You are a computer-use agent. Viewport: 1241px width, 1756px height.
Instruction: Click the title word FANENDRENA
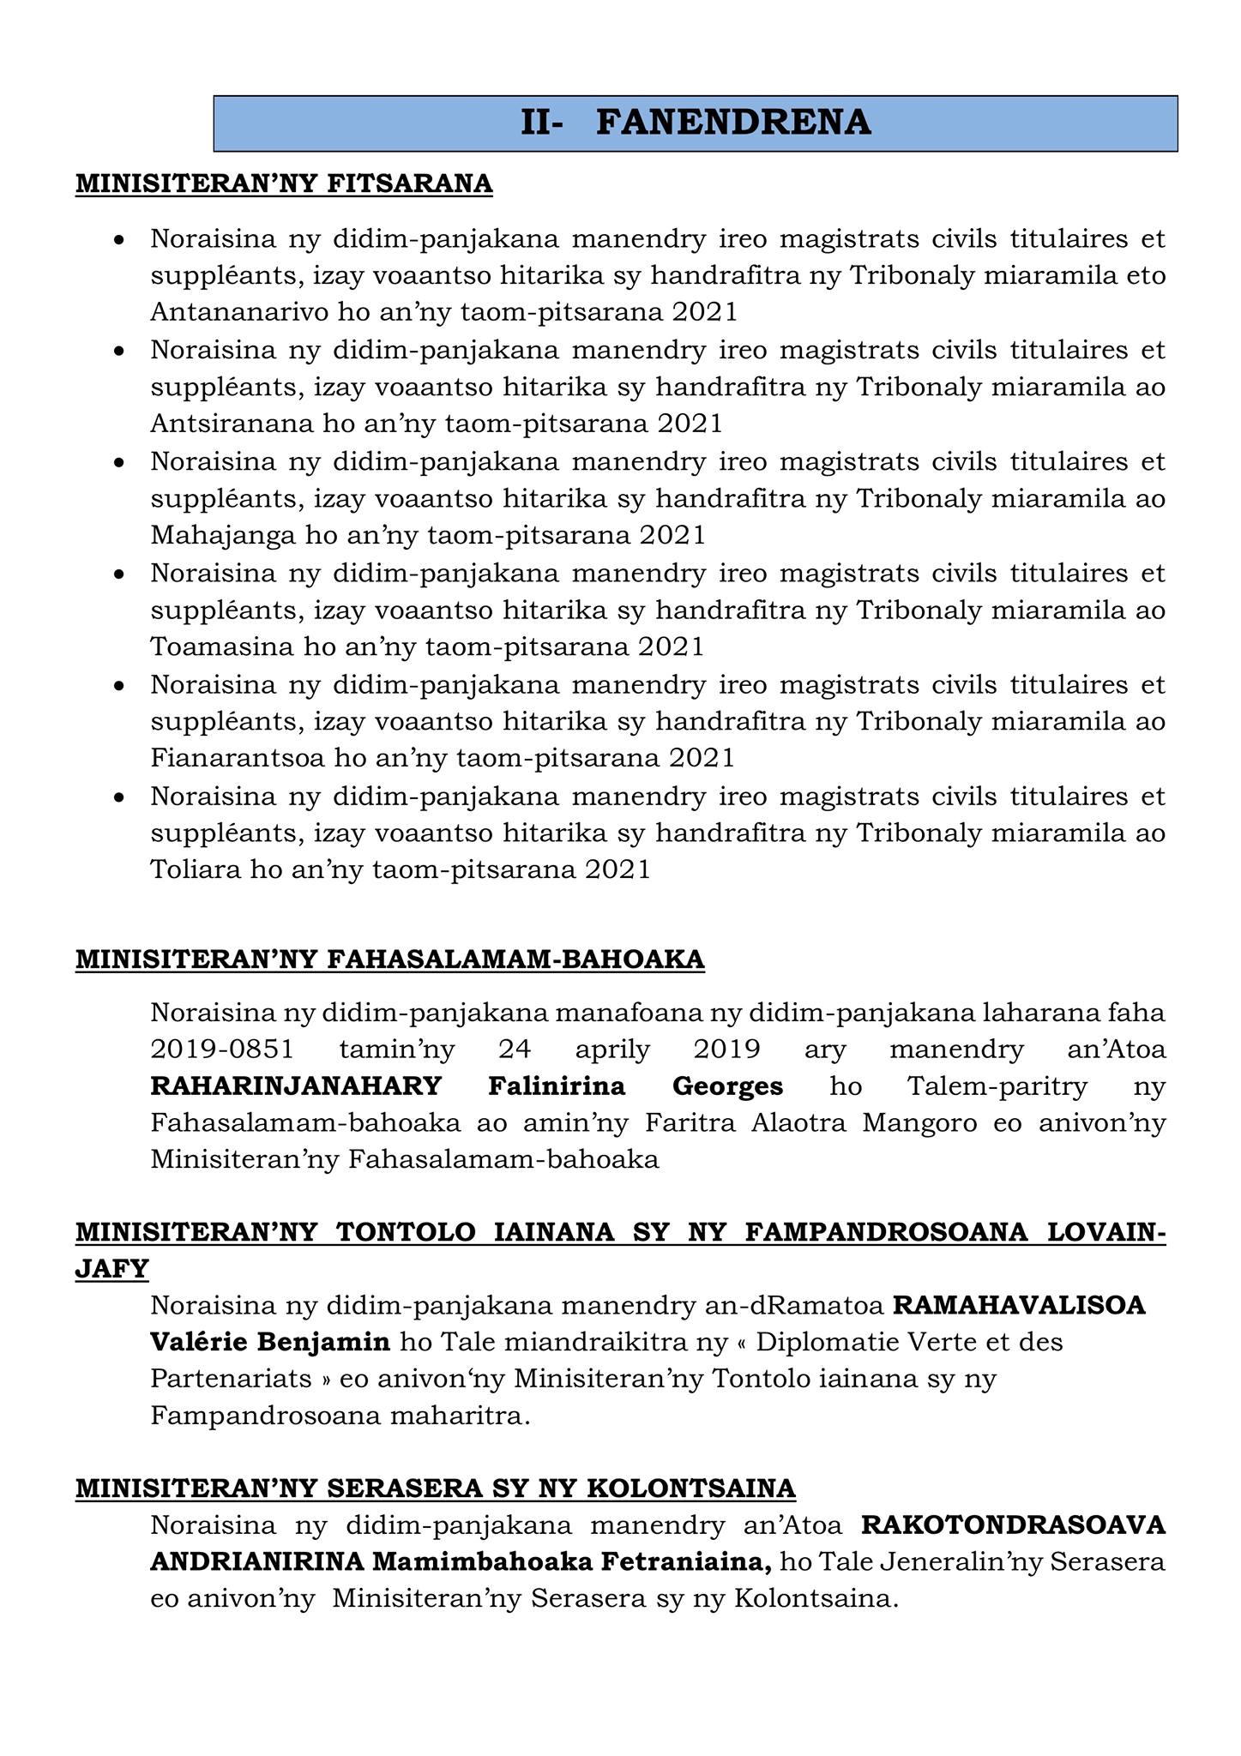pyautogui.click(x=733, y=123)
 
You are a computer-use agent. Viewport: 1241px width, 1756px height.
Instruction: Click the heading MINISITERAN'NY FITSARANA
pyautogui.click(x=284, y=183)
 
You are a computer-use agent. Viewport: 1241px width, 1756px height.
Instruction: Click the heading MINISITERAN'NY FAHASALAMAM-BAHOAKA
pyautogui.click(x=390, y=959)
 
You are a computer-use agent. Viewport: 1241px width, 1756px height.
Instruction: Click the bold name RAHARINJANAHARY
pyautogui.click(x=296, y=1086)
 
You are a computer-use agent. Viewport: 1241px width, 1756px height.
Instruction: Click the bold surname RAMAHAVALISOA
pyautogui.click(x=1019, y=1306)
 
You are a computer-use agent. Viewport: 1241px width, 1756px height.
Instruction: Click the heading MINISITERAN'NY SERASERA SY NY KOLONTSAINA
pyautogui.click(x=436, y=1488)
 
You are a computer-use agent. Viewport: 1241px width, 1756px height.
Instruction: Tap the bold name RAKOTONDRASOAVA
pyautogui.click(x=1013, y=1526)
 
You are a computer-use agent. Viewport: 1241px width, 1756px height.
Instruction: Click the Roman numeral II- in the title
pyautogui.click(x=542, y=123)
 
